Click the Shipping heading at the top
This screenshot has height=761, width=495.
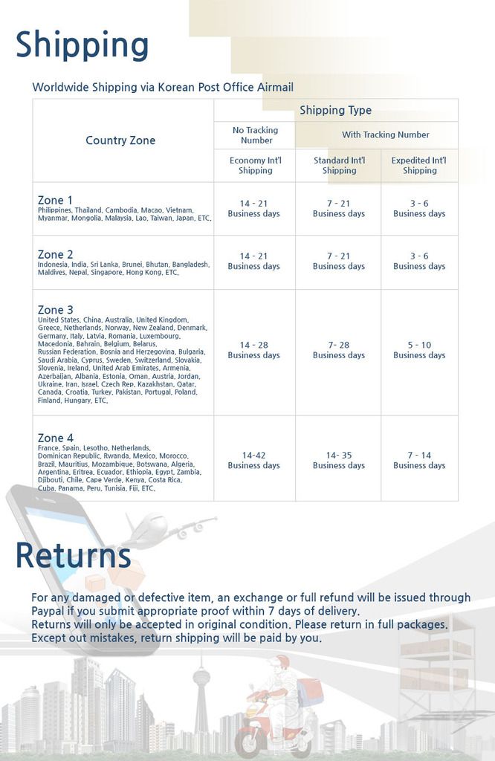tap(82, 45)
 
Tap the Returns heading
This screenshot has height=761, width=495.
tap(73, 556)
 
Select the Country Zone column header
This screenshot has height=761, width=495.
tap(120, 140)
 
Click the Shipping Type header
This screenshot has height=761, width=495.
tap(335, 110)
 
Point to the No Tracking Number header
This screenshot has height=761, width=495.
tap(255, 135)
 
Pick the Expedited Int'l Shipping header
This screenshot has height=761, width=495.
tap(419, 165)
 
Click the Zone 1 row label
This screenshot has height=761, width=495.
tap(56, 200)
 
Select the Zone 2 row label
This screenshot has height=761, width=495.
tap(56, 254)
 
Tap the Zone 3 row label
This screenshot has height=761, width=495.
tap(56, 309)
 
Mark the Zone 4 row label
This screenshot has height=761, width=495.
tap(56, 438)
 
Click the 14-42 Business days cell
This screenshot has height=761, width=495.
tap(254, 460)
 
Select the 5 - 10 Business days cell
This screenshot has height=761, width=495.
tap(419, 350)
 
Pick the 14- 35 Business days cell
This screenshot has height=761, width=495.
tap(338, 460)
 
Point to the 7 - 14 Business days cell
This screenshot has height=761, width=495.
tap(419, 460)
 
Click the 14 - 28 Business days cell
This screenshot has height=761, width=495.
tap(254, 350)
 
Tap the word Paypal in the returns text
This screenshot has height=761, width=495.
tap(48, 611)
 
